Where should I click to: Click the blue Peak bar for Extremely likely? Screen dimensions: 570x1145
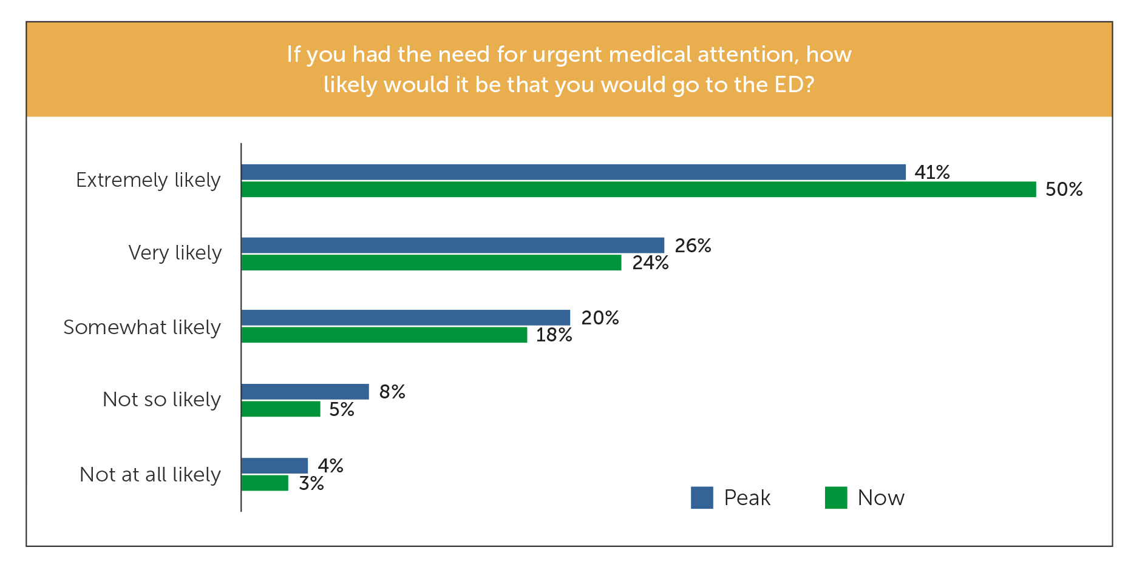(x=573, y=172)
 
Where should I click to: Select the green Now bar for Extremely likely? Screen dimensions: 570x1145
(x=638, y=189)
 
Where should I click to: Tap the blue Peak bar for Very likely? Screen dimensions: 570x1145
(x=452, y=245)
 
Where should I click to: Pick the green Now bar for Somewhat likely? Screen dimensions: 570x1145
(x=384, y=335)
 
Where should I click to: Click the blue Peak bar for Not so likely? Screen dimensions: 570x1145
(x=305, y=392)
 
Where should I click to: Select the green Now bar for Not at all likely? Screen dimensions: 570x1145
(x=265, y=483)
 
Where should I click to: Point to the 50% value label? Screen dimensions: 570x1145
(x=1064, y=189)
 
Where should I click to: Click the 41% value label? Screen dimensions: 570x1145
(x=932, y=172)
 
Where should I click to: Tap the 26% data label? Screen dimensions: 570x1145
(x=693, y=245)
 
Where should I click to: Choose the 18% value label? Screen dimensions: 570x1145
(x=554, y=335)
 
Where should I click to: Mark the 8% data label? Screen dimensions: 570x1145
(x=392, y=392)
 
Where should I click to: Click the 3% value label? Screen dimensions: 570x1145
(x=311, y=483)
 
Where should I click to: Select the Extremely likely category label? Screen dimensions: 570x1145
(x=148, y=180)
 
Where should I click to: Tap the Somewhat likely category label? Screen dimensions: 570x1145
(x=142, y=327)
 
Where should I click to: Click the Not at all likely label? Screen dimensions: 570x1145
(x=150, y=474)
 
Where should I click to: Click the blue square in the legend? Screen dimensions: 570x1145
(x=702, y=497)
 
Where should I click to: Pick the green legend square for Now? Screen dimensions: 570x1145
(x=836, y=497)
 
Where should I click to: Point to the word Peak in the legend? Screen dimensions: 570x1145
(x=747, y=498)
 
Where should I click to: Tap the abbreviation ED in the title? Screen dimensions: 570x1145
(x=789, y=85)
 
